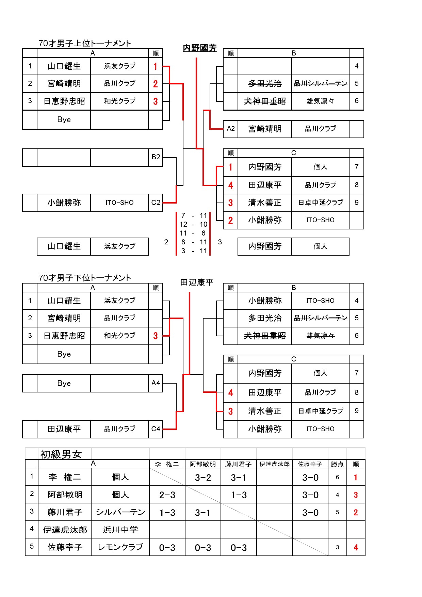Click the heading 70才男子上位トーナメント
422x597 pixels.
[x=84, y=43]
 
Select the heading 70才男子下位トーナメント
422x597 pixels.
[x=84, y=278]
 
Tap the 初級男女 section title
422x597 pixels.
[x=61, y=454]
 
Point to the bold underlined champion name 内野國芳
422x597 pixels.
[x=200, y=48]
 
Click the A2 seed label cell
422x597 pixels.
[x=230, y=129]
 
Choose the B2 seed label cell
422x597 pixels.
[x=156, y=157]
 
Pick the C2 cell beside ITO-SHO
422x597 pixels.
[x=156, y=203]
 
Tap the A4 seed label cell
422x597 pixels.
[x=156, y=383]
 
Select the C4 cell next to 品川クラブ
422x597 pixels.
[x=156, y=429]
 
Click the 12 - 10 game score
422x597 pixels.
[x=193, y=224]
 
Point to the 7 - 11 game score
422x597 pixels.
[x=193, y=215]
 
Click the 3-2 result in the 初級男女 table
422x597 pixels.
[x=203, y=478]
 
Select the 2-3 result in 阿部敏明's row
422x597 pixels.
[x=167, y=495]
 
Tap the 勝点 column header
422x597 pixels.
[x=337, y=464]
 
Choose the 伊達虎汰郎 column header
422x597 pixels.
[x=274, y=464]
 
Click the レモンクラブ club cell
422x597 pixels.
[x=120, y=547]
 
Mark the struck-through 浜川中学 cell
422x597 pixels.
[x=120, y=530]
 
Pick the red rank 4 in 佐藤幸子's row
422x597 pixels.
[x=356, y=547]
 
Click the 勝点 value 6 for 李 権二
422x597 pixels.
[x=337, y=477]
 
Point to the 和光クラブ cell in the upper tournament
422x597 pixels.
[x=119, y=101]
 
